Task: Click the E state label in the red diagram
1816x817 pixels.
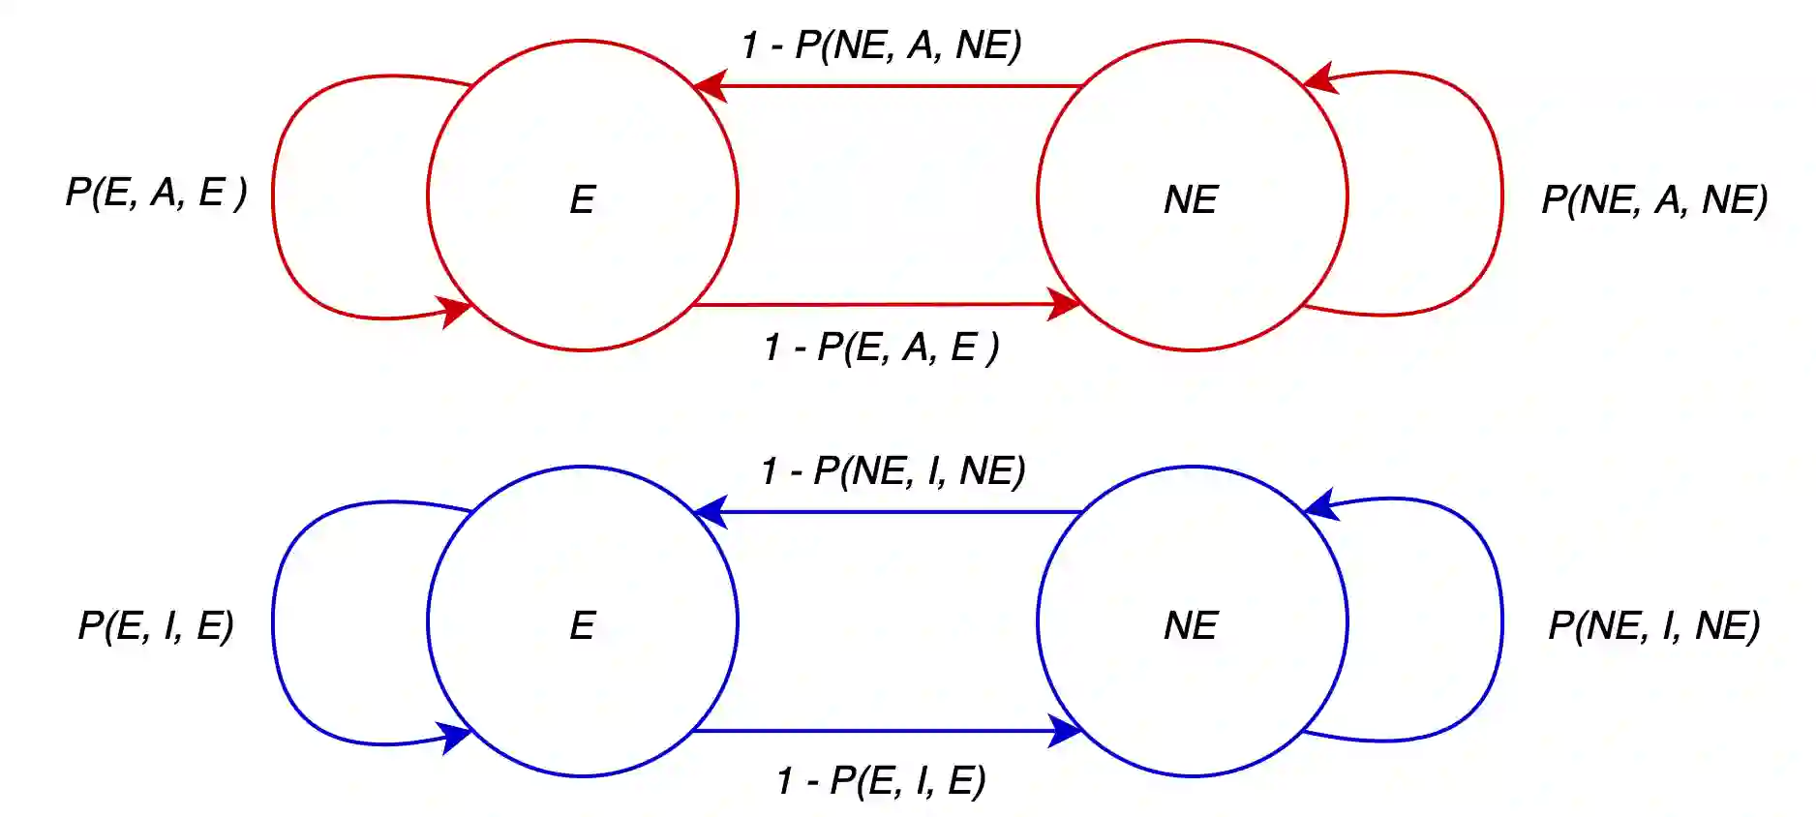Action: [582, 199]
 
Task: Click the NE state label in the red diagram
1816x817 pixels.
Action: [1191, 199]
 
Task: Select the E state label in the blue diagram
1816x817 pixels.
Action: [582, 625]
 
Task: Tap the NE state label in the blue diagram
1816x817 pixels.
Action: [1191, 625]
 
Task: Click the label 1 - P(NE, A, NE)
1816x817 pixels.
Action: [881, 45]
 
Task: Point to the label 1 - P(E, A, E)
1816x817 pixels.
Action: [881, 347]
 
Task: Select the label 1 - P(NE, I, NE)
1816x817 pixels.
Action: [893, 470]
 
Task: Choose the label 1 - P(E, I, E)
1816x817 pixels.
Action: [881, 780]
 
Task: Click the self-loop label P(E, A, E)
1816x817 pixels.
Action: [156, 192]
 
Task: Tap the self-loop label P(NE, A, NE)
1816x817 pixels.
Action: [1654, 199]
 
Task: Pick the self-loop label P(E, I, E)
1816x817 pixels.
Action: [156, 625]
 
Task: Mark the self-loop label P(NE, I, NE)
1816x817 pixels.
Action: [1654, 625]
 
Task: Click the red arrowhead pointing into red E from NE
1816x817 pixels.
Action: [711, 86]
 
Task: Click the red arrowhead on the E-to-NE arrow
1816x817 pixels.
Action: [1064, 304]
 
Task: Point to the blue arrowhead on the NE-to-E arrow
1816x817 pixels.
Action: [711, 511]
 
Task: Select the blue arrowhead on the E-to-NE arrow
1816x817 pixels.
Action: [1064, 731]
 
